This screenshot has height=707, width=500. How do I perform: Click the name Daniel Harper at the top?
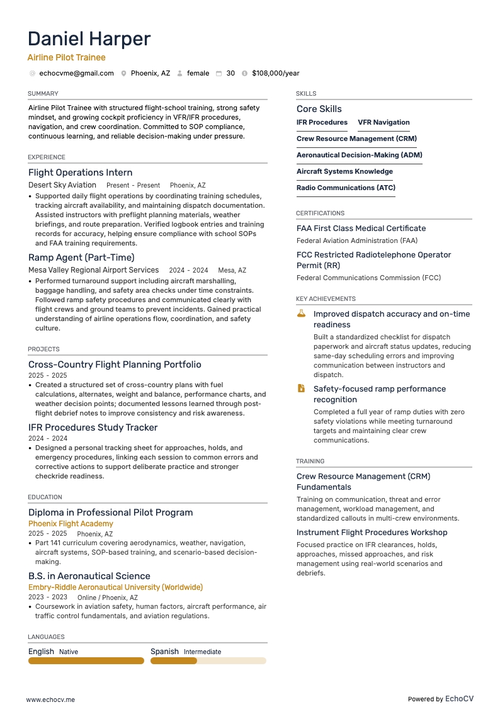coord(89,39)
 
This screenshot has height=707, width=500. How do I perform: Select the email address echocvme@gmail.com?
coord(76,74)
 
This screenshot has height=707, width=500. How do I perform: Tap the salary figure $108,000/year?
coord(275,74)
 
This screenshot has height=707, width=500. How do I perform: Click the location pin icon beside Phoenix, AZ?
coord(123,74)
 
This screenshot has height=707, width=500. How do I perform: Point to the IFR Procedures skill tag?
coord(322,123)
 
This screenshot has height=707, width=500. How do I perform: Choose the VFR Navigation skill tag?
coord(384,123)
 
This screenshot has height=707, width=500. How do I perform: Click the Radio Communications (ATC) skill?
coord(346,188)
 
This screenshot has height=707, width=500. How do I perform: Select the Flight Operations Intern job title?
coord(81,173)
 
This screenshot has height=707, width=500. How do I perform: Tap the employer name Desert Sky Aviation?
coord(62,185)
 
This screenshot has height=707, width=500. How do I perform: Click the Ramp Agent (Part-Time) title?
coord(81,257)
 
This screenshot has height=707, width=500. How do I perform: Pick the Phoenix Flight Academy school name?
coord(71,524)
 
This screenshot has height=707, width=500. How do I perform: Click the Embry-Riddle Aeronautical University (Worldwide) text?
coord(115,587)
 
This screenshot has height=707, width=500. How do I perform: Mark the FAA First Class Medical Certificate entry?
coord(361,229)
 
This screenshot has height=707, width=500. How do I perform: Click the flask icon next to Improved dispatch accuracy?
coord(301,314)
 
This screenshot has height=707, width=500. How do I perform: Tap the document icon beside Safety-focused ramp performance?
coord(301,388)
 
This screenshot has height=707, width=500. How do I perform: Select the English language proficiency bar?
coord(86,661)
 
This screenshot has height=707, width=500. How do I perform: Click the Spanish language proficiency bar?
coord(208,661)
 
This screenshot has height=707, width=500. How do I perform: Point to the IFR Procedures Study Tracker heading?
coord(93,427)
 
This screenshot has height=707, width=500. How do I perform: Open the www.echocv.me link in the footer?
coord(50,699)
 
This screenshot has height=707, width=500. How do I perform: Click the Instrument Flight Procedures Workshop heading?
coord(372,533)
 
